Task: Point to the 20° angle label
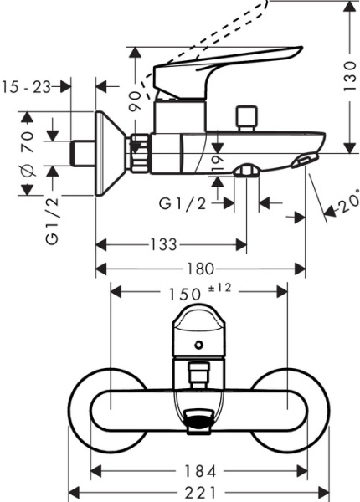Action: (x=346, y=202)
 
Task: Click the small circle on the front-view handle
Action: (x=198, y=344)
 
